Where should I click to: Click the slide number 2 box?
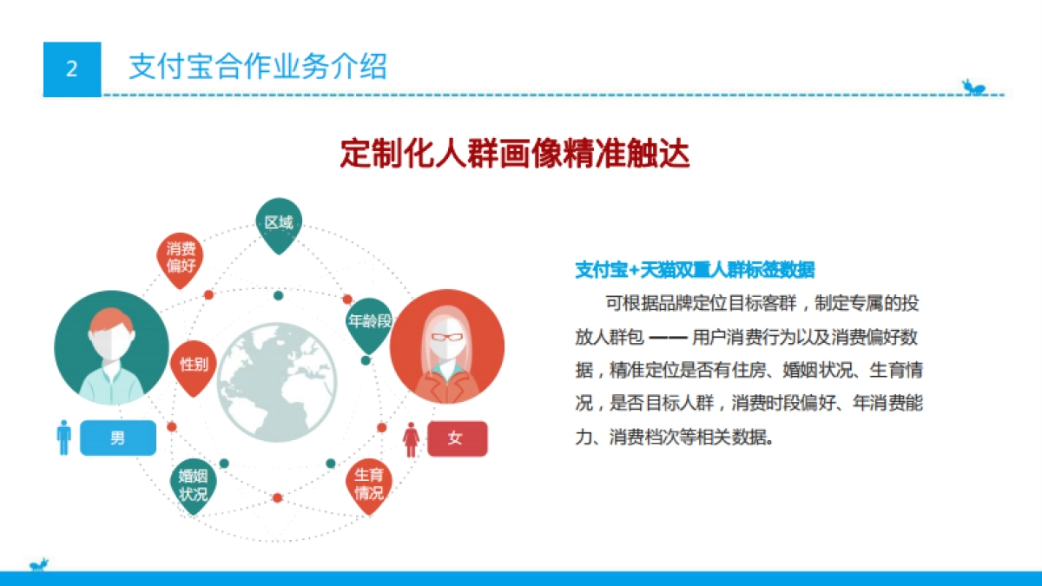click(x=72, y=69)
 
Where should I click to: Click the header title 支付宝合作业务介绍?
click(x=257, y=67)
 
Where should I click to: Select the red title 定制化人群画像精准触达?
click(x=515, y=154)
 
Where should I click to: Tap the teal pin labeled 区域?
click(x=278, y=224)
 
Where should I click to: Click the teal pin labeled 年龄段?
click(x=368, y=322)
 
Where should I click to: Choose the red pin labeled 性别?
click(x=194, y=365)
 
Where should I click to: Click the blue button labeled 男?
click(x=118, y=438)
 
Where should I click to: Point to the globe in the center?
click(x=277, y=383)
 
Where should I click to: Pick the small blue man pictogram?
click(x=63, y=438)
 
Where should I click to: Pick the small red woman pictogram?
click(x=412, y=439)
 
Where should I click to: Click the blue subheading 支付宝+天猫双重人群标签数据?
click(x=695, y=270)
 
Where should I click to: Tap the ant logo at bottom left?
click(x=39, y=566)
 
